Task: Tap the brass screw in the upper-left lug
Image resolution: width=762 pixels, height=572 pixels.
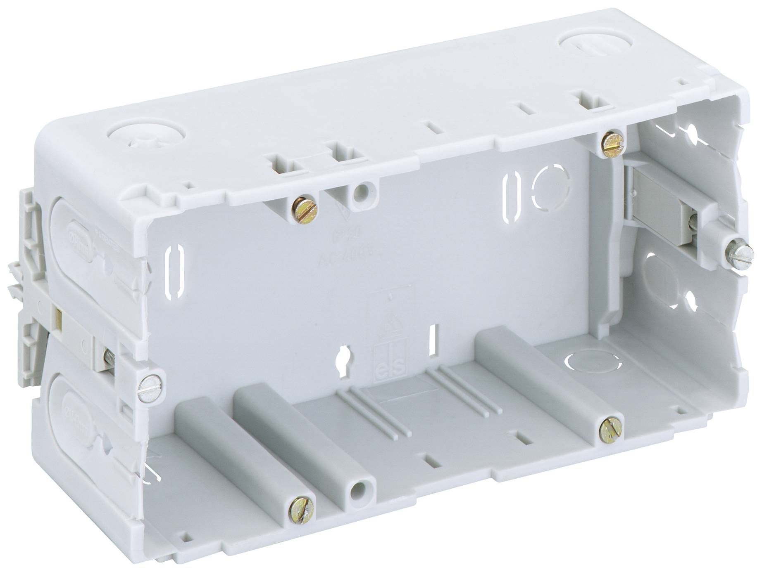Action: click(305, 209)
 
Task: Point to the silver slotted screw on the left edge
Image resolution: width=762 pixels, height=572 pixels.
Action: click(151, 384)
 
